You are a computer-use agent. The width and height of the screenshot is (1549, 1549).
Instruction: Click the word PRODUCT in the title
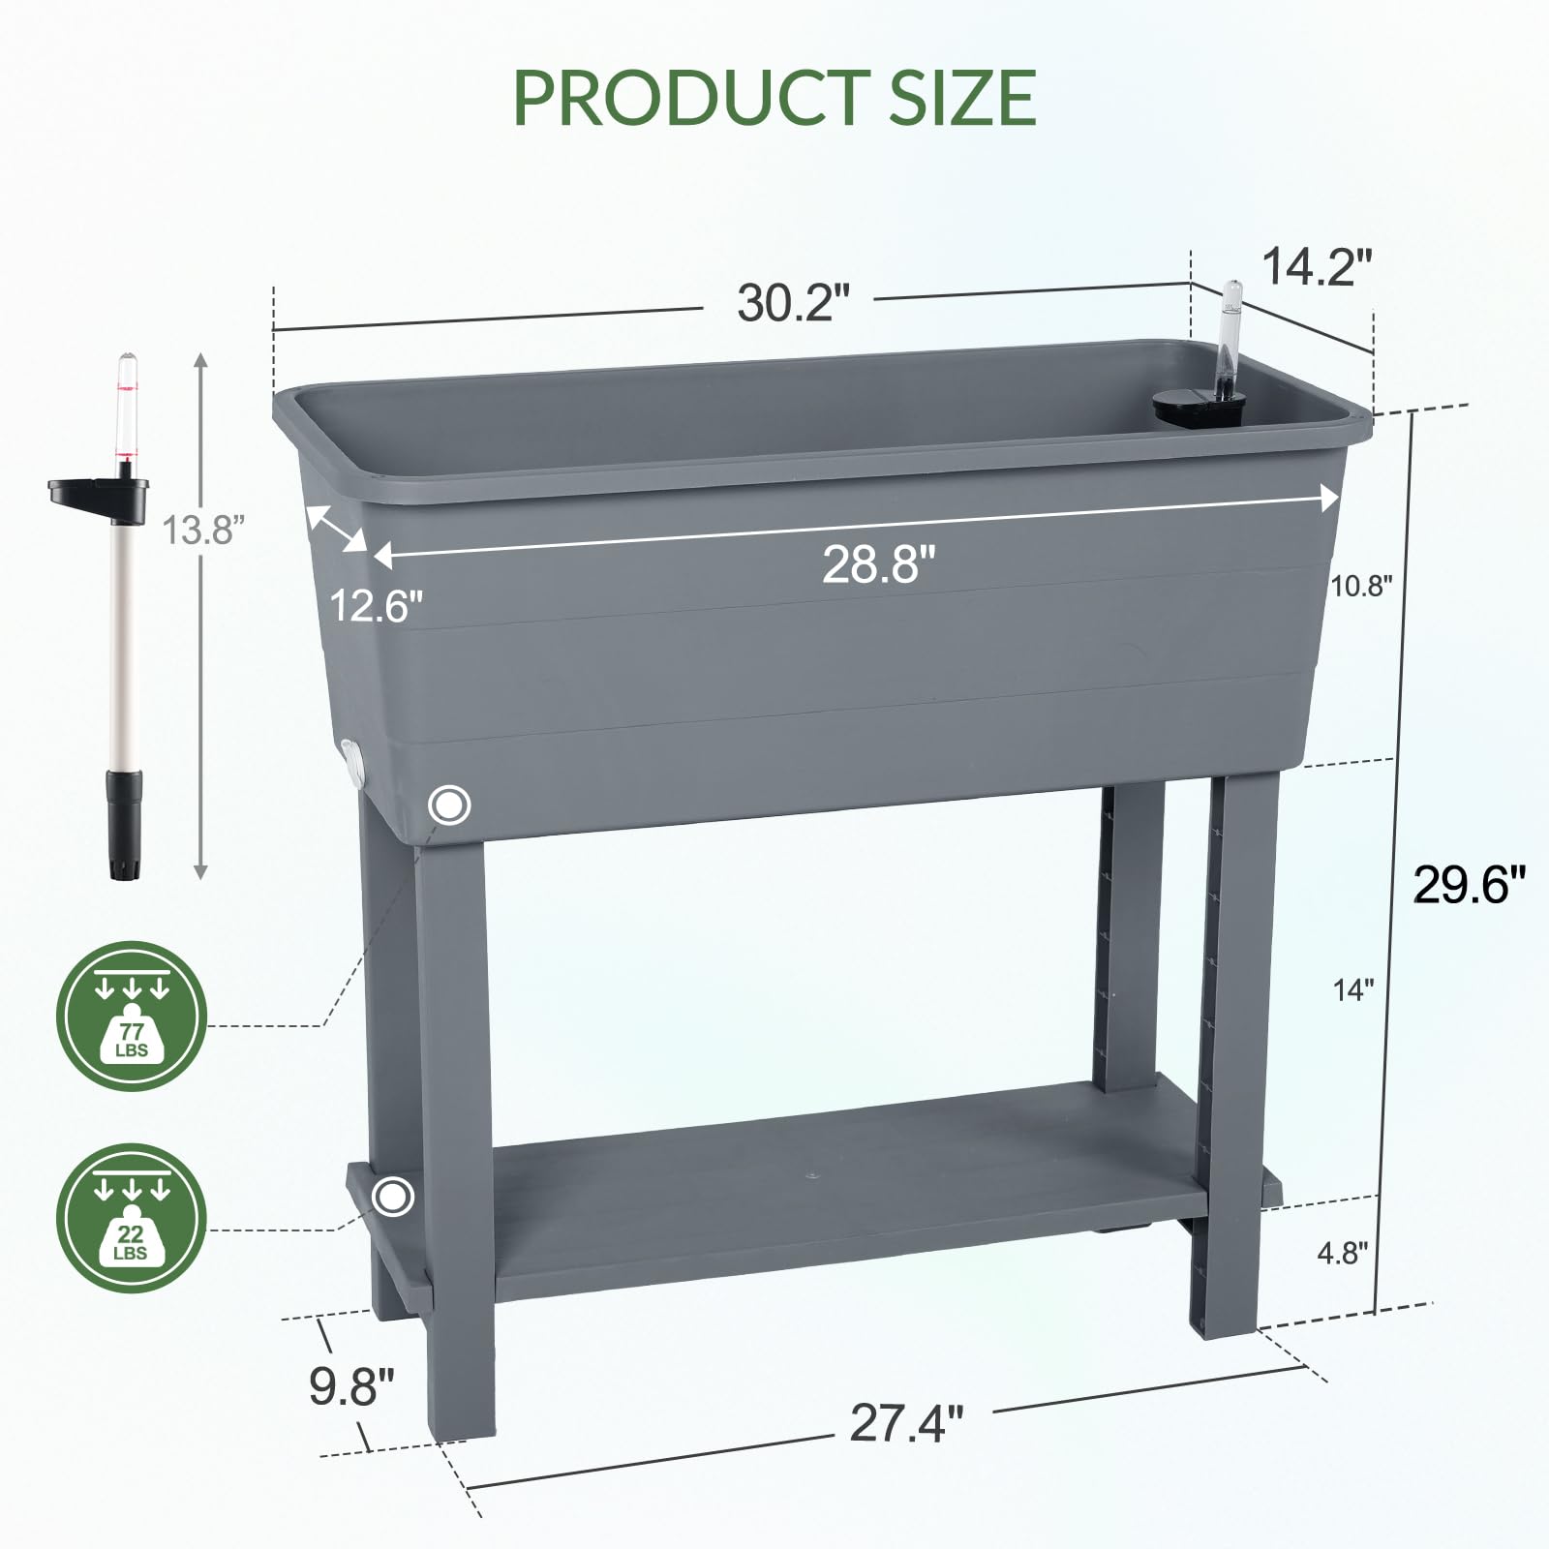[688, 97]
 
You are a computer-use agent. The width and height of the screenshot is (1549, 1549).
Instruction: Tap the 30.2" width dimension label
[792, 302]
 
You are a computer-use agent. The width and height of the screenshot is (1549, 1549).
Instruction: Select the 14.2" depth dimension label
[1317, 266]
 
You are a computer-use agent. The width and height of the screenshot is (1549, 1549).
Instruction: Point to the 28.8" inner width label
[879, 563]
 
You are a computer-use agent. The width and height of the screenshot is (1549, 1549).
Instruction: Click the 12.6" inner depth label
[377, 606]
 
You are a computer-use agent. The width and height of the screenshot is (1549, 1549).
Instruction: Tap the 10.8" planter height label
[1361, 586]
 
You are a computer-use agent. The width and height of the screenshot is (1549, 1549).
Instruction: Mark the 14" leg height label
[1352, 989]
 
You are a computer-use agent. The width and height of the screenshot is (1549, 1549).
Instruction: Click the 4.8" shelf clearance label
[1342, 1253]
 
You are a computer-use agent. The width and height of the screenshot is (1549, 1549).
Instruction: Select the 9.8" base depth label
[351, 1386]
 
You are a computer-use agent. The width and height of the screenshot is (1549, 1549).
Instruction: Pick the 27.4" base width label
[906, 1423]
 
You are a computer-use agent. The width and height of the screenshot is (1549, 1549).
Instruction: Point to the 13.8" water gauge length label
[202, 530]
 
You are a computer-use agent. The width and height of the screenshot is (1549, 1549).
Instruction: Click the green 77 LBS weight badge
[132, 1016]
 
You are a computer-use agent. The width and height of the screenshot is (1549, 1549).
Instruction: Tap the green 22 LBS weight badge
[132, 1218]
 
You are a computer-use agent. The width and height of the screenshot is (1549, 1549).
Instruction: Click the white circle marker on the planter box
[449, 805]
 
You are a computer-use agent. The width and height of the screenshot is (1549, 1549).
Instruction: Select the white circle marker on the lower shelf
[392, 1197]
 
